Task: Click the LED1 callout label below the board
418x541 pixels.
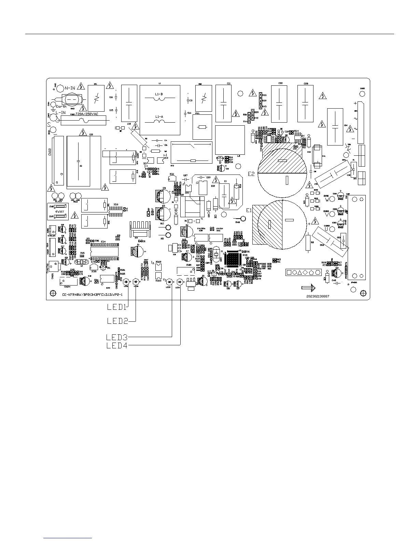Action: click(117, 306)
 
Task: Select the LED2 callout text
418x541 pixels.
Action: click(117, 321)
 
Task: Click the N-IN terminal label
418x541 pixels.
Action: click(70, 88)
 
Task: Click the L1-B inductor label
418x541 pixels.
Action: click(159, 94)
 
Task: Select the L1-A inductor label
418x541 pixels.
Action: click(159, 117)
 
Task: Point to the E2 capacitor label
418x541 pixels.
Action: click(251, 174)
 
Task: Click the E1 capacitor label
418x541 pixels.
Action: click(248, 210)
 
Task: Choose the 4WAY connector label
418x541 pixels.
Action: click(60, 212)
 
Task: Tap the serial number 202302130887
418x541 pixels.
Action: click(318, 296)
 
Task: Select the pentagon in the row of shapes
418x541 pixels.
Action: click(311, 272)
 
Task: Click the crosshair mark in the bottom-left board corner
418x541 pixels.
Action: click(53, 293)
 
